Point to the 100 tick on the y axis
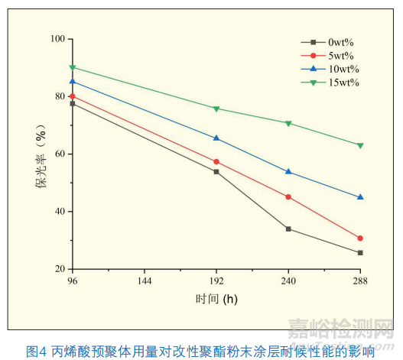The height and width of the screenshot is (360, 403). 56,38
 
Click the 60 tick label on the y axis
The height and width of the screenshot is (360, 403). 58,154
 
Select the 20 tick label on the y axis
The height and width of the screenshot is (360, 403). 58,269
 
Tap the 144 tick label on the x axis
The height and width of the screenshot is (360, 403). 145,281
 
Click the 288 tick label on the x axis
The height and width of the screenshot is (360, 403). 360,281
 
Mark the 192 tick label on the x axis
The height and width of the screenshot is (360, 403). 216,281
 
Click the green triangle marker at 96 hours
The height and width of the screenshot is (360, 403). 73,67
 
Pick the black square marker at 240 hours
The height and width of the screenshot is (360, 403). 288,229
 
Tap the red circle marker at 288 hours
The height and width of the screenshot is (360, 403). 360,238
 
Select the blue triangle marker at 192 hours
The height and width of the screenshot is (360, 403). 216,138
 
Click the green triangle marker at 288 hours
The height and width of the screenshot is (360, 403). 360,145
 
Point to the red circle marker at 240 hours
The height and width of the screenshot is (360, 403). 288,197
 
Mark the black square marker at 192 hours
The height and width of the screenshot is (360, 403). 216,172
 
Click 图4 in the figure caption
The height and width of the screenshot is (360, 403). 37,351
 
